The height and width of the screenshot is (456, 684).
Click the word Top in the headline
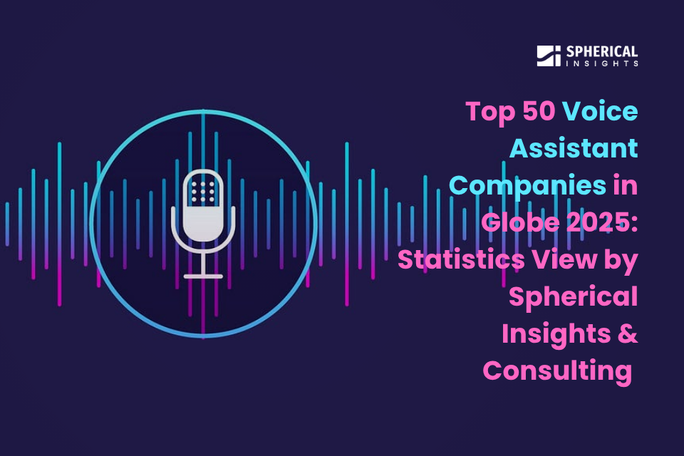(491, 113)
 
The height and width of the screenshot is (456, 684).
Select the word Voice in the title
(599, 111)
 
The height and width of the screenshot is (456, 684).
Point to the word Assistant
(574, 148)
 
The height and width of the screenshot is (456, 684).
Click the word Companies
(528, 187)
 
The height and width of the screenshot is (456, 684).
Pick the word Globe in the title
(520, 222)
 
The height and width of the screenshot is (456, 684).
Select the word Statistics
(461, 259)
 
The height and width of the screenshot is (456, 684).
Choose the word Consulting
(557, 371)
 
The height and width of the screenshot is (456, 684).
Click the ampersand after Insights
(628, 334)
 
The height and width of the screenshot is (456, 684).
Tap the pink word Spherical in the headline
(573, 298)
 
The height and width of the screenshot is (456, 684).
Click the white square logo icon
(549, 56)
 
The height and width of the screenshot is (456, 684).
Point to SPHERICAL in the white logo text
(602, 51)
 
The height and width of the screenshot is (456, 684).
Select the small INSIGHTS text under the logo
(602, 63)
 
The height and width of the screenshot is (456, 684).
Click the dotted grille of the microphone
(203, 192)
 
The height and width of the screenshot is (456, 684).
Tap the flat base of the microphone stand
(203, 276)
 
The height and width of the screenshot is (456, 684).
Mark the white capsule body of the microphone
(203, 204)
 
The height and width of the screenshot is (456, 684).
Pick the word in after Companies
(626, 185)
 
